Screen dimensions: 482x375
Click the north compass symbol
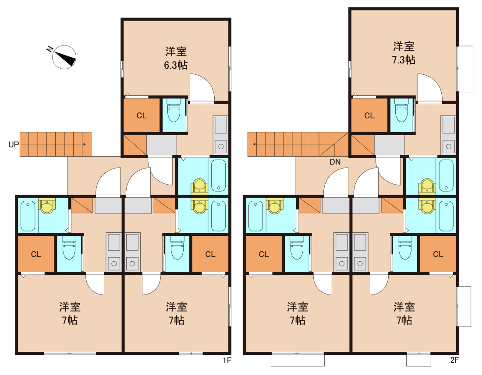pos(64,57)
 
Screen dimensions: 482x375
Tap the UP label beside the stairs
pos(14,144)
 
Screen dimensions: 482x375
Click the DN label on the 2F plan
pos(335,162)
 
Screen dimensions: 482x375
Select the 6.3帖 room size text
pos(176,65)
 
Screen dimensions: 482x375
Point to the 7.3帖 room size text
pos(404,60)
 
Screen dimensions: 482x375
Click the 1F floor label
pos(227,360)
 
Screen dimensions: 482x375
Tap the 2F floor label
pos(455,360)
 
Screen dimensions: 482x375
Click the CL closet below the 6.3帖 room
pos(142,116)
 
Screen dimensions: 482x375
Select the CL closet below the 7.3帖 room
pos(369,116)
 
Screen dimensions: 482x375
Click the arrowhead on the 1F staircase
pos(85,144)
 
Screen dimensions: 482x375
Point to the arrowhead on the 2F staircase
pos(255,144)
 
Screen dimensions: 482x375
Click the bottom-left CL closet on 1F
pos(36,254)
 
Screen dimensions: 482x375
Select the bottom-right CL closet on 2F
pos(438,254)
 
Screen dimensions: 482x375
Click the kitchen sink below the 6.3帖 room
pos(221,135)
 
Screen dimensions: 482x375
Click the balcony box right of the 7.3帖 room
pos(465,69)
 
